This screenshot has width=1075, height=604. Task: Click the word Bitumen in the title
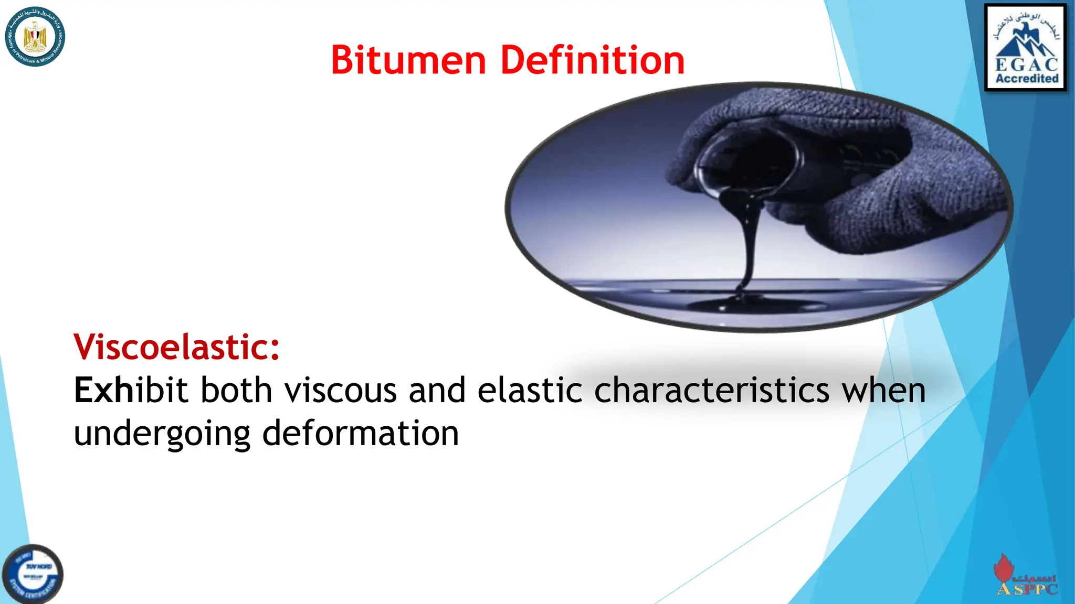click(408, 60)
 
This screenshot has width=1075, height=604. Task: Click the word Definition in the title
click(593, 60)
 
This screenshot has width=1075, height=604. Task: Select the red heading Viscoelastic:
click(177, 347)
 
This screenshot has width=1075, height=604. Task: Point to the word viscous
click(341, 391)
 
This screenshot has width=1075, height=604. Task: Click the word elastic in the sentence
click(530, 391)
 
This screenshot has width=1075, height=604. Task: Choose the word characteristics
click(712, 391)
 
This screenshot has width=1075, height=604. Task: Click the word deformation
click(361, 433)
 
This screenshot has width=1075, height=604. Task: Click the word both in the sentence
click(236, 391)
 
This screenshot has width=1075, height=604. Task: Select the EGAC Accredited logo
click(1026, 48)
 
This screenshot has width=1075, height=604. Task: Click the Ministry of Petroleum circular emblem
click(35, 37)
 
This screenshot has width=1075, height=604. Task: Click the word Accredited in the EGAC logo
click(1027, 79)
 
